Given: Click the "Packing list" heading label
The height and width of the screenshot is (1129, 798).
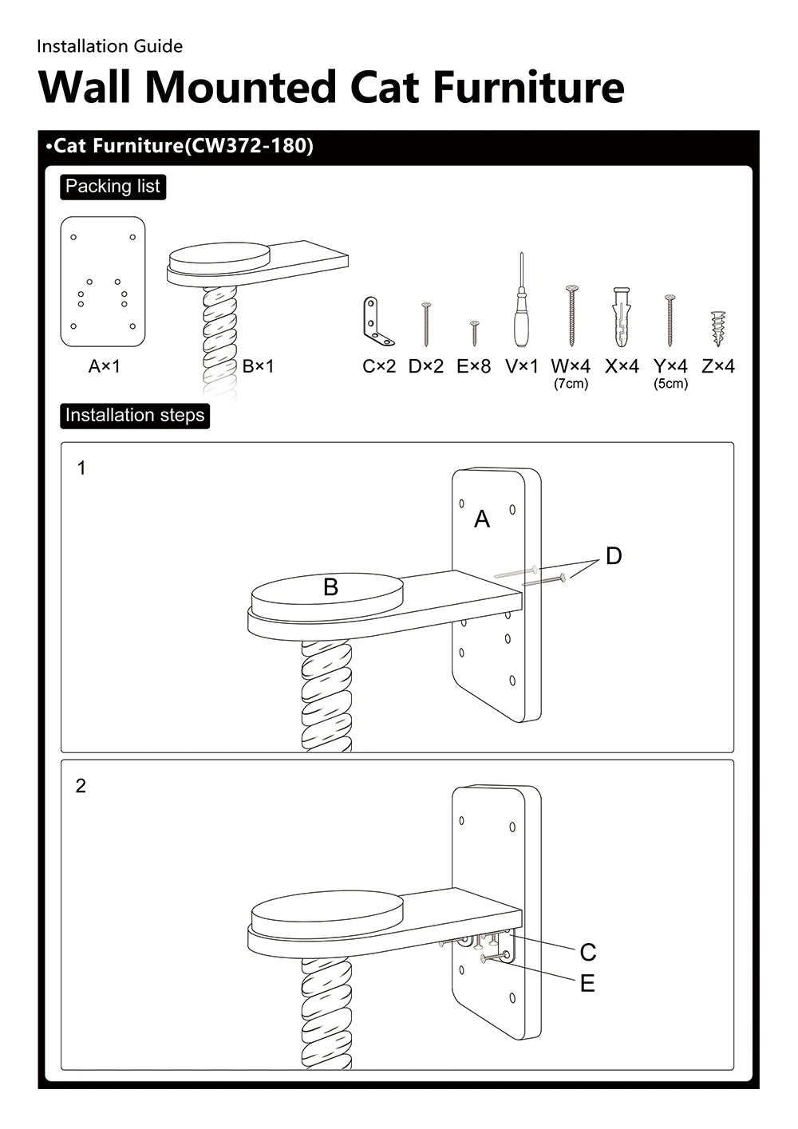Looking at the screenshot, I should coord(113,187).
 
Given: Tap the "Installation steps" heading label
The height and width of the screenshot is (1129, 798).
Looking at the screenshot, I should coord(135,416).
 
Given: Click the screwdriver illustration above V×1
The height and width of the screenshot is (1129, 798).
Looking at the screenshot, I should coord(521,303).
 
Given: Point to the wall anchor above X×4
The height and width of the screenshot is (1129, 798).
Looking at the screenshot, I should coord(622,317).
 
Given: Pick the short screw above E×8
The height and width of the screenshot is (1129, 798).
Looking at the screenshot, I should coord(474,333).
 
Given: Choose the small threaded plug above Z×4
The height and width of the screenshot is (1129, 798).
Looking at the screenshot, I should coord(718,328).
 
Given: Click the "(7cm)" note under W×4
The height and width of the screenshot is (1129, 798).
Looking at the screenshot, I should coord(571,384).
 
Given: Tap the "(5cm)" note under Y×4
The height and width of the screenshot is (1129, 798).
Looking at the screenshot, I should coord(670,384).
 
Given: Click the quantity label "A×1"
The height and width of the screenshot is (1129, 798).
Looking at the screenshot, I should coord(105,366).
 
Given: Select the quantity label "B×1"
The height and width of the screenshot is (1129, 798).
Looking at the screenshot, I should coord(258,366).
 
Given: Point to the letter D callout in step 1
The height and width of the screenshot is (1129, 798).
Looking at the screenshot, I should coord(613,556).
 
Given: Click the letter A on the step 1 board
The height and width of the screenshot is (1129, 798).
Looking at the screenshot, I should coord(482,519).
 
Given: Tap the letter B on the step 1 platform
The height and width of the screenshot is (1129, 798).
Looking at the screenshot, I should coord(330,588).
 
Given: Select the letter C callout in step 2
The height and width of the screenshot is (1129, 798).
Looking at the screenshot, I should coord(588,952).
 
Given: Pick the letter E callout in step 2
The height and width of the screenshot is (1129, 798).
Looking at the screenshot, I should coord(587,984).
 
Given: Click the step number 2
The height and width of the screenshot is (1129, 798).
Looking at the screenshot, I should coord(81,786).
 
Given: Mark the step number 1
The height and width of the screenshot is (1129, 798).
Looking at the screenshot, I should coord(81,468).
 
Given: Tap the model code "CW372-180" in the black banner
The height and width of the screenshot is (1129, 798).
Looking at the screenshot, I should coord(248,146).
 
